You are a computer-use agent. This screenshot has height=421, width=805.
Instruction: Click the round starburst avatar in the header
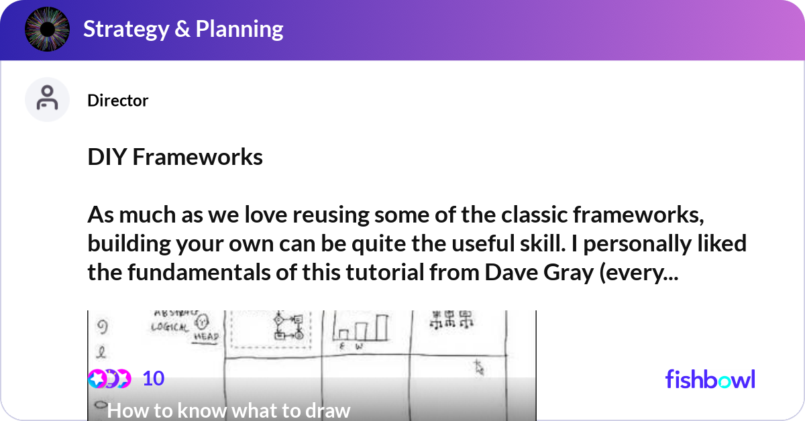tap(48, 30)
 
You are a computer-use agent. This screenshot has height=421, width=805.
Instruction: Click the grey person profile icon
tap(47, 99)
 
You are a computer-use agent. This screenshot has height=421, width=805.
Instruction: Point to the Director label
tap(117, 101)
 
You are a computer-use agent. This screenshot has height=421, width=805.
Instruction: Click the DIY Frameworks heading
tap(175, 157)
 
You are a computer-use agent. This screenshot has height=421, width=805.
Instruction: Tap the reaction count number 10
tap(153, 379)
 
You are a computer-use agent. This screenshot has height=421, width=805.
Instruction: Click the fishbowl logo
tap(710, 379)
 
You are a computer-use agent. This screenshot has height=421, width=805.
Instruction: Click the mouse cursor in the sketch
tap(479, 367)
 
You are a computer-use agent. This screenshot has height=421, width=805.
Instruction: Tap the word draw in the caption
tap(329, 410)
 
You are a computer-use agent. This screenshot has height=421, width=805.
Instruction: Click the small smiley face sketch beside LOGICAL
tap(202, 321)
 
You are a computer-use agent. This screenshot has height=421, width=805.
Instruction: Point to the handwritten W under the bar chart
tap(360, 346)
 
